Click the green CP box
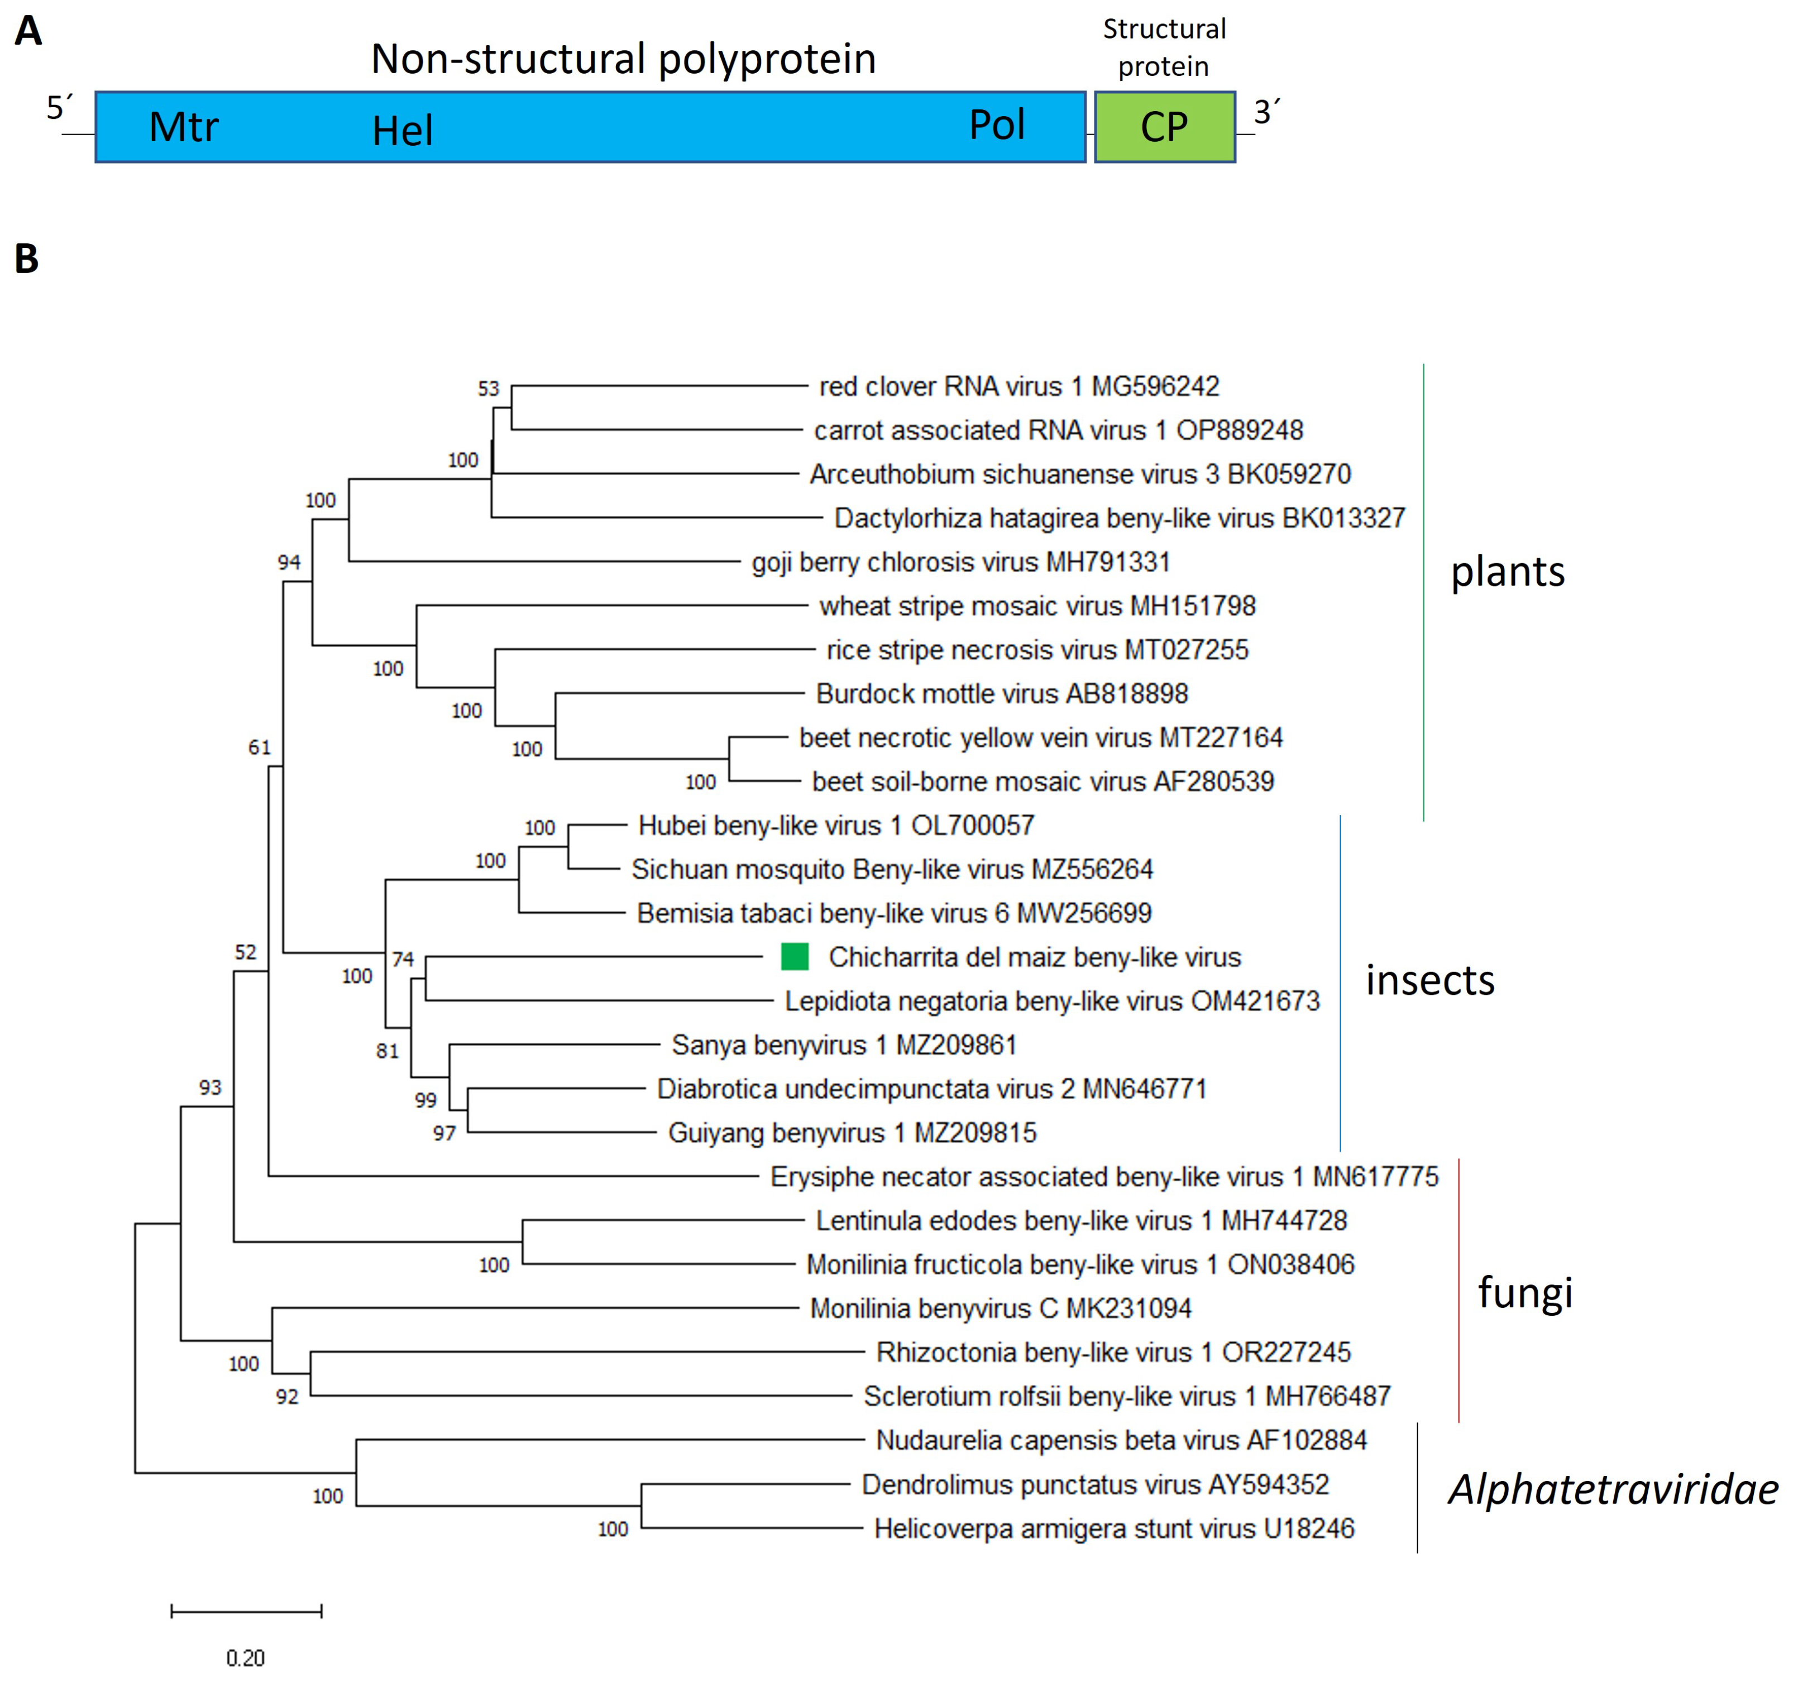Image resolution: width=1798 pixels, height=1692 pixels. pos(1164,127)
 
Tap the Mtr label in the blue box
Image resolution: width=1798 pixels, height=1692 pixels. pos(184,127)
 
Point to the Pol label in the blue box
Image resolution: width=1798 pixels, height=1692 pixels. pos(997,125)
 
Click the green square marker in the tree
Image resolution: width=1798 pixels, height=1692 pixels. pos(794,956)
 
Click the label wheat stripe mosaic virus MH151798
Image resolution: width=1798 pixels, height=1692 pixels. pos(1037,606)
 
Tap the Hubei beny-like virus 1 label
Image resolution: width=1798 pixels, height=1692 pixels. pos(836,825)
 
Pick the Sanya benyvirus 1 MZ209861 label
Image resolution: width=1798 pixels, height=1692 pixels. pos(844,1044)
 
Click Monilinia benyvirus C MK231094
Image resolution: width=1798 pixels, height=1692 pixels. pos(1000,1308)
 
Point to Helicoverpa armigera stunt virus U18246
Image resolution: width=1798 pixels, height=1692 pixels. pos(1113,1528)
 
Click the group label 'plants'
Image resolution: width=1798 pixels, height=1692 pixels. pos(1508,572)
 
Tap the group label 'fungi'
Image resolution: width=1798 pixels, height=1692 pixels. pos(1525,1291)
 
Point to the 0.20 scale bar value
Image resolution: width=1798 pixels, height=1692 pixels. pos(245,1657)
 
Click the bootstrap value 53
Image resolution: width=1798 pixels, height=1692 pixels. pos(489,389)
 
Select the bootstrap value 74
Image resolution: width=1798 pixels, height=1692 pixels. pos(403,958)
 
